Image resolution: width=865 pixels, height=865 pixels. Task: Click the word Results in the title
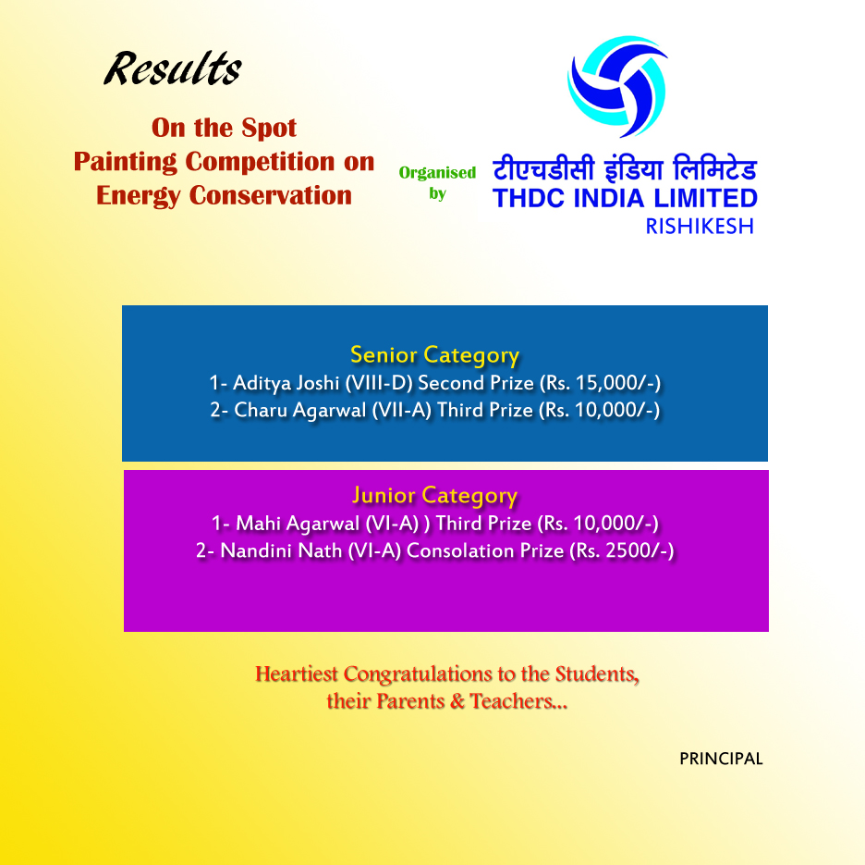click(x=173, y=69)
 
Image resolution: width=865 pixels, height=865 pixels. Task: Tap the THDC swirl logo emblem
click(x=617, y=87)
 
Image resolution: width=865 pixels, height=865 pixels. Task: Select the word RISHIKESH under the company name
click(x=700, y=227)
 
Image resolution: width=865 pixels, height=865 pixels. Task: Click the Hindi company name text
click(x=625, y=168)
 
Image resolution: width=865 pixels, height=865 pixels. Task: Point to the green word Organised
click(x=437, y=173)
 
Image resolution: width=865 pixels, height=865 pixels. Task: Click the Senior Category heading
click(x=434, y=354)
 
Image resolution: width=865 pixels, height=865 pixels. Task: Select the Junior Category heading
click(x=434, y=496)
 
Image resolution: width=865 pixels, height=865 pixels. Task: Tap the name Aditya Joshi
click(x=286, y=383)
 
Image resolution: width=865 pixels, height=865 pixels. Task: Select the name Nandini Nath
click(x=281, y=550)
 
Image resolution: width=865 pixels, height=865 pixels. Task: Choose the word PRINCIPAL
click(x=721, y=759)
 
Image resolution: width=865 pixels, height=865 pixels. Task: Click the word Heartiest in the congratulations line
click(x=297, y=674)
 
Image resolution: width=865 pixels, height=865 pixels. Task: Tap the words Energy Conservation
click(x=224, y=195)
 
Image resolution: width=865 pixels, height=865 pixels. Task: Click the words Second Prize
click(x=476, y=383)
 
